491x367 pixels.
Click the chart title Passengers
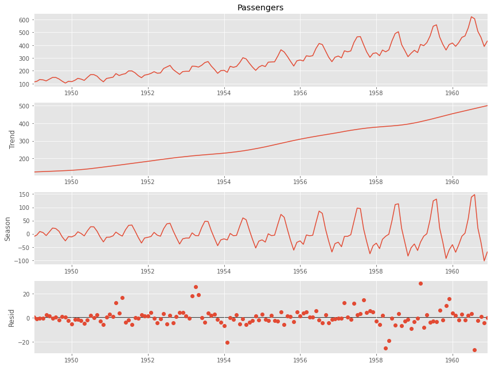[260, 7]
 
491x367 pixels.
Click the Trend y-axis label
[12, 139]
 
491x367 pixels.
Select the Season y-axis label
[8, 228]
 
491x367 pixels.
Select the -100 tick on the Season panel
[21, 261]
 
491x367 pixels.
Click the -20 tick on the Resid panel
[22, 342]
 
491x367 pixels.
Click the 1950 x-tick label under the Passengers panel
[71, 92]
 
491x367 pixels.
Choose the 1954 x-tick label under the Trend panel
[224, 182]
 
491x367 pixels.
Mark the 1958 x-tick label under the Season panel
[376, 270]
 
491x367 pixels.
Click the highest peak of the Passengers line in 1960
[471, 17]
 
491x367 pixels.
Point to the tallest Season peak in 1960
[474, 194]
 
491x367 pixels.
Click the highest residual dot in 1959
[420, 283]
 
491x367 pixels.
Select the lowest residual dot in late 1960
[474, 350]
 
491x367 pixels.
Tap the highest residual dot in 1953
[196, 287]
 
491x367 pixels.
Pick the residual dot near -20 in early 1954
[227, 342]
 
